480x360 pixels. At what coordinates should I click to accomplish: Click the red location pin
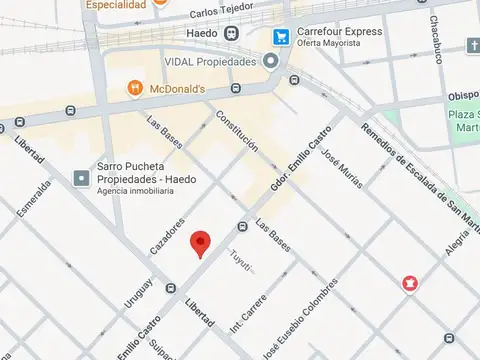pyautogui.click(x=201, y=242)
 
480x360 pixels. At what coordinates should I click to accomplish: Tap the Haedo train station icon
pyautogui.click(x=232, y=33)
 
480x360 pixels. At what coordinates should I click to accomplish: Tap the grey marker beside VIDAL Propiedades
pyautogui.click(x=271, y=61)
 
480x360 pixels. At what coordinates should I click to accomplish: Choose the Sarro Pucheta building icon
pyautogui.click(x=79, y=178)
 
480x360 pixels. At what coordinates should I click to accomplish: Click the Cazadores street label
pyautogui.click(x=169, y=234)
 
